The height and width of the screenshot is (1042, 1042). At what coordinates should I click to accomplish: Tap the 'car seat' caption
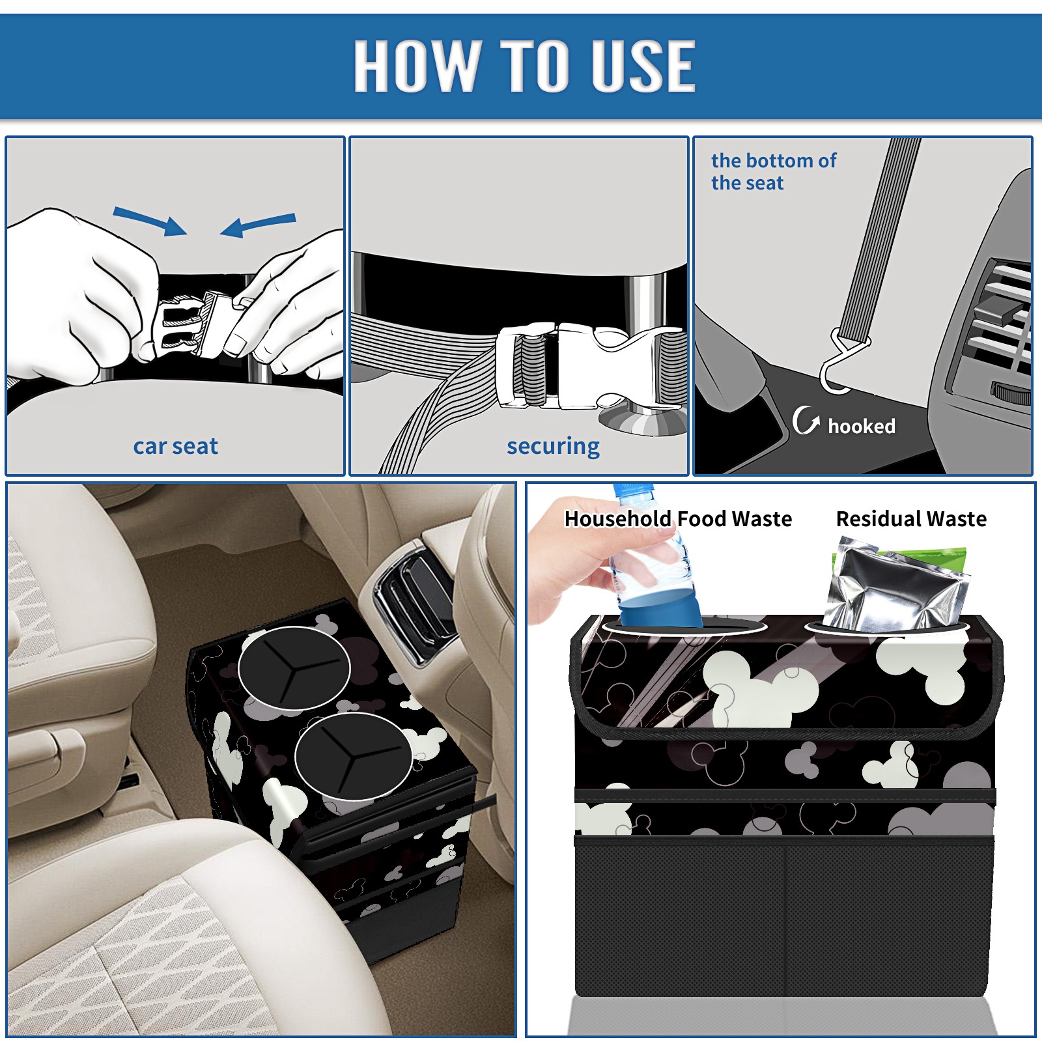(x=175, y=446)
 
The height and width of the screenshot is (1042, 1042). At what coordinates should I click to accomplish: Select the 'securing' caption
(x=553, y=447)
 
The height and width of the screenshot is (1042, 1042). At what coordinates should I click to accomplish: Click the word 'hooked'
(x=862, y=426)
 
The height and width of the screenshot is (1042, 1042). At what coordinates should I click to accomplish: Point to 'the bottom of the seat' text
(x=773, y=171)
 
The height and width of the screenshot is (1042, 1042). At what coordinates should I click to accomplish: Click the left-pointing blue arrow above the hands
(x=259, y=225)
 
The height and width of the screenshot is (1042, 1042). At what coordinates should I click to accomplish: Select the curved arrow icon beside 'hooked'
(x=806, y=420)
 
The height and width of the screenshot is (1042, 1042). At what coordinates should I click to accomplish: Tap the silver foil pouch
(x=892, y=586)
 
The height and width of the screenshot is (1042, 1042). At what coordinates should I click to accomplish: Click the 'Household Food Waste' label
(x=678, y=519)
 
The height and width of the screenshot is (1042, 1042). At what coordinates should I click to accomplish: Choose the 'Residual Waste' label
(x=911, y=519)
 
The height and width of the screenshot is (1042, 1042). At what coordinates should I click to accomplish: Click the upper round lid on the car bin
(x=294, y=668)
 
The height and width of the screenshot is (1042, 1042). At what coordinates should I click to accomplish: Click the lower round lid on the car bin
(x=354, y=756)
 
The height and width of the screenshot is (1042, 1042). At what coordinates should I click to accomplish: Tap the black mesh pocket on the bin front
(x=784, y=918)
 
